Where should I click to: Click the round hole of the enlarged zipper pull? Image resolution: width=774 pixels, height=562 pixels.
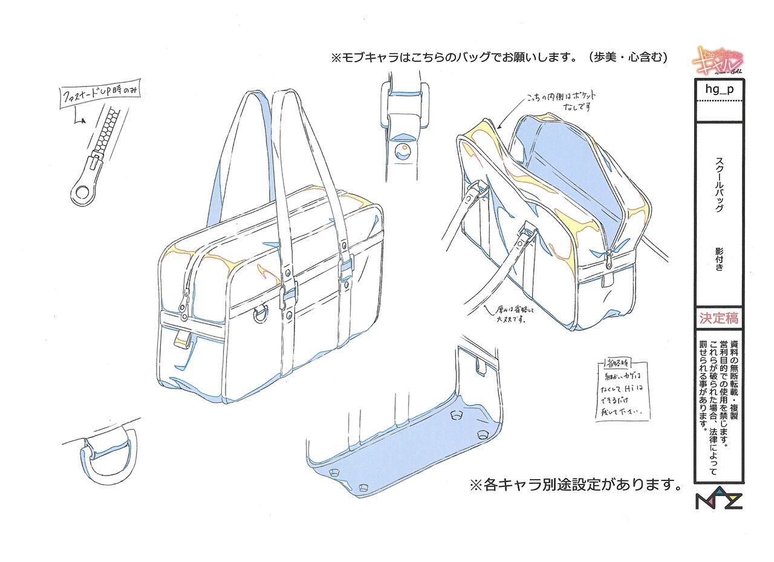click(81, 193)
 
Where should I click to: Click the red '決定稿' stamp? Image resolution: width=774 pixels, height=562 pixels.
click(719, 318)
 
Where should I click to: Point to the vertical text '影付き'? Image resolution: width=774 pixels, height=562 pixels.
click(719, 259)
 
